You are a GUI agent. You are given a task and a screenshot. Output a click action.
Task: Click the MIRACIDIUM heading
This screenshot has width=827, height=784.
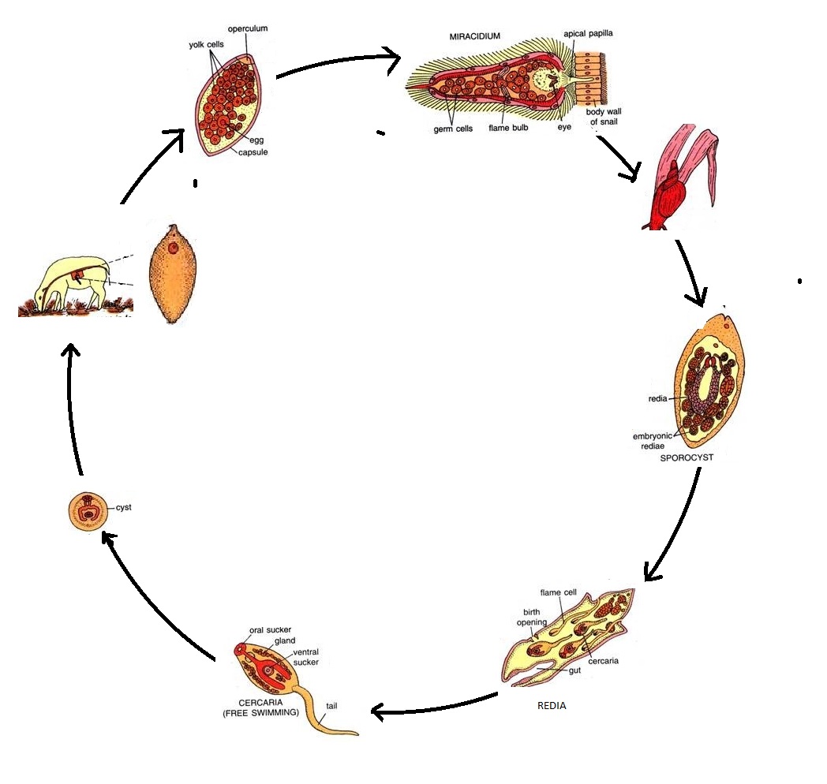point(475,36)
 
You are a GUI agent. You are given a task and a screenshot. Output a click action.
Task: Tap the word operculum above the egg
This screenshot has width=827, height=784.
point(247,28)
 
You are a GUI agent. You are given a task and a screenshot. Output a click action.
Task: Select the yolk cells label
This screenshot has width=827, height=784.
point(206,45)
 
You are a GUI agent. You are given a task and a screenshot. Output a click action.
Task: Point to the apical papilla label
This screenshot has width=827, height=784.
point(588,34)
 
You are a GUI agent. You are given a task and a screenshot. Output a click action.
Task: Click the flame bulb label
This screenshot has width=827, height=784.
point(508,128)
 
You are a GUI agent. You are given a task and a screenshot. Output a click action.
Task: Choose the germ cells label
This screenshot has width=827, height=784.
point(453,129)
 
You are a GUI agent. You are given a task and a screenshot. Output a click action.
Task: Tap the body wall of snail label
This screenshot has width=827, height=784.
point(604,117)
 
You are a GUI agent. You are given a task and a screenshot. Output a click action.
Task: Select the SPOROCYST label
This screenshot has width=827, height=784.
point(687,457)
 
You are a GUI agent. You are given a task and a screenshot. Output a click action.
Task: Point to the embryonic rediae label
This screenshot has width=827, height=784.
point(653,441)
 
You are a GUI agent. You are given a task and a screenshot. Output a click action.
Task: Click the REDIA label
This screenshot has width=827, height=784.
point(552,705)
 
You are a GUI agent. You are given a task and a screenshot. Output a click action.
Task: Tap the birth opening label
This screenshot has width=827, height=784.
point(532,617)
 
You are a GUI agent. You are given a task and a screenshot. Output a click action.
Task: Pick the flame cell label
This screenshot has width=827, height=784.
point(558,592)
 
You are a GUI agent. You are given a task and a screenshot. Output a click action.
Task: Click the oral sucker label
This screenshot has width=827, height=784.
point(270,630)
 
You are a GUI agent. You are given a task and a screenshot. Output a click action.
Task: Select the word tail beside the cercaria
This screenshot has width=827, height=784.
point(331,706)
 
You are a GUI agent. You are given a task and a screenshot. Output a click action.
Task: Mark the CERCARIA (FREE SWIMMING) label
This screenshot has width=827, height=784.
point(260,707)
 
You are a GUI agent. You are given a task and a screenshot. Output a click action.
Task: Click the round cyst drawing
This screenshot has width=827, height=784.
point(88,511)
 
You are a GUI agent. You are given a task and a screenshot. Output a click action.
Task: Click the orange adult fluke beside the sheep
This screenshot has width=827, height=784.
point(173,274)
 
